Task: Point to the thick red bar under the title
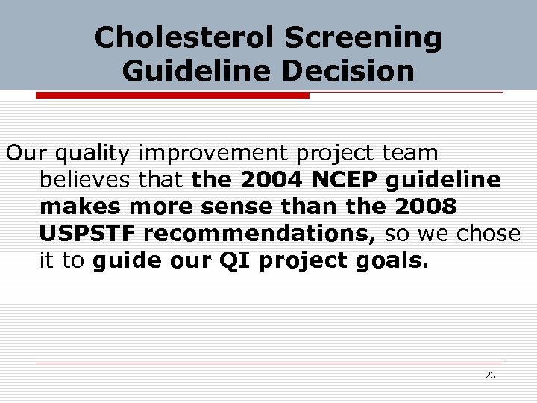click(x=172, y=95)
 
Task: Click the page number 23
click(x=490, y=375)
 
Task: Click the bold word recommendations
click(x=260, y=234)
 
